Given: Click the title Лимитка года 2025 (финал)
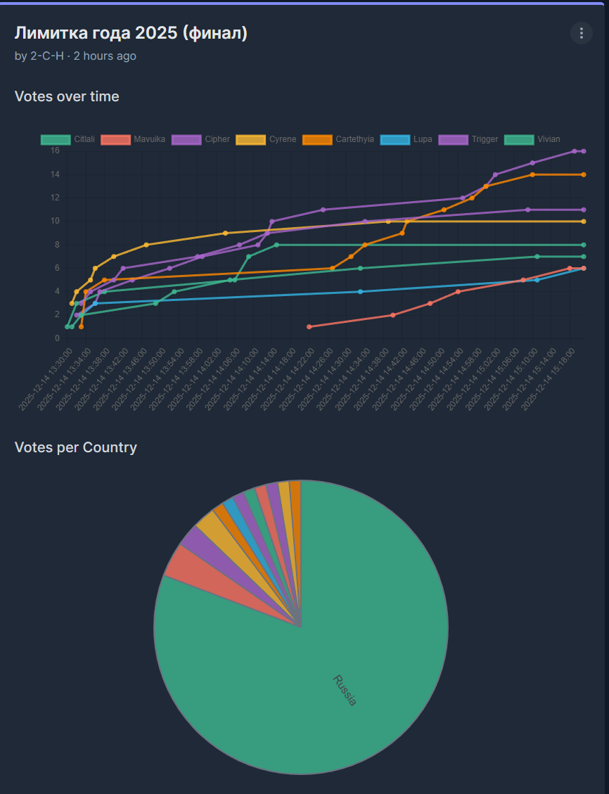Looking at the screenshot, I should [131, 33].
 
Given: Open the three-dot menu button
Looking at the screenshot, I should [581, 33].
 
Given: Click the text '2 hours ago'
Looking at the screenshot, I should [105, 56].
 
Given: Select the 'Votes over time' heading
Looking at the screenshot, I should [67, 96].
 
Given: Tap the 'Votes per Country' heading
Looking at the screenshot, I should [76, 447].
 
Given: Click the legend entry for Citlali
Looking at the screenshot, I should [67, 139].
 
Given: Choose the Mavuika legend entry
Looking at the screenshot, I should [134, 139].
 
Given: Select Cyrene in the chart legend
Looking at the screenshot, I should [267, 139].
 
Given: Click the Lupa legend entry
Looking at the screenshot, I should [406, 139].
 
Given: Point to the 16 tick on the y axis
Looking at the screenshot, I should [55, 151].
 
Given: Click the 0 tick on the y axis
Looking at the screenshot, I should [57, 338].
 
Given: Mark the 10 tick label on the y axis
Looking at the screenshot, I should [55, 221].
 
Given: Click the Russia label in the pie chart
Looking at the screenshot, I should [345, 690].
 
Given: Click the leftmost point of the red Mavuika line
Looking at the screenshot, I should [309, 326].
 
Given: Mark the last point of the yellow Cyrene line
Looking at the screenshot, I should [584, 222].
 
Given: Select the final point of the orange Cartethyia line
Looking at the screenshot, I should [584, 174].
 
